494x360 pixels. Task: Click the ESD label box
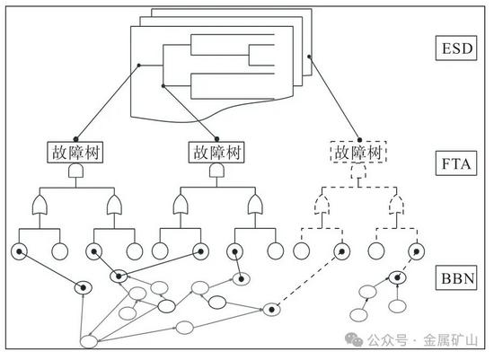click(456, 48)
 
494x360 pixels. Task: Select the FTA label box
click(456, 163)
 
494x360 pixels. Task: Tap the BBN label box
click(456, 277)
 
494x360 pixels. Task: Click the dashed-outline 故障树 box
click(358, 152)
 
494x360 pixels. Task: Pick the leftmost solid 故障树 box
click(75, 153)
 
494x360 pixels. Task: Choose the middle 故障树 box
click(216, 153)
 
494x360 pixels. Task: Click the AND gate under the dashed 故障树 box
click(358, 171)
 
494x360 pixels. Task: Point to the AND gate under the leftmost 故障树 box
click(76, 171)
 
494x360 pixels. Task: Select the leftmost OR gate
click(40, 205)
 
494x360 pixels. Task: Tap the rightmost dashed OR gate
click(397, 205)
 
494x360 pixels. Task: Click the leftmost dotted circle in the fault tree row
click(19, 251)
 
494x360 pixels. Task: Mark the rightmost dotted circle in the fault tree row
click(416, 251)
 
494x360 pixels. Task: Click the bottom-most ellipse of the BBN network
click(89, 342)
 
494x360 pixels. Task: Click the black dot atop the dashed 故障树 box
click(359, 140)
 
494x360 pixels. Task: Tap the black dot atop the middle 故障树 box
click(216, 139)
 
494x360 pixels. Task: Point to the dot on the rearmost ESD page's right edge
click(309, 57)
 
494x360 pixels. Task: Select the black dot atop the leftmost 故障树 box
click(75, 139)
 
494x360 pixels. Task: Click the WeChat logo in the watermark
click(354, 339)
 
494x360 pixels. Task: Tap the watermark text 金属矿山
click(450, 340)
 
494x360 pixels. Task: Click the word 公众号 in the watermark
click(387, 340)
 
